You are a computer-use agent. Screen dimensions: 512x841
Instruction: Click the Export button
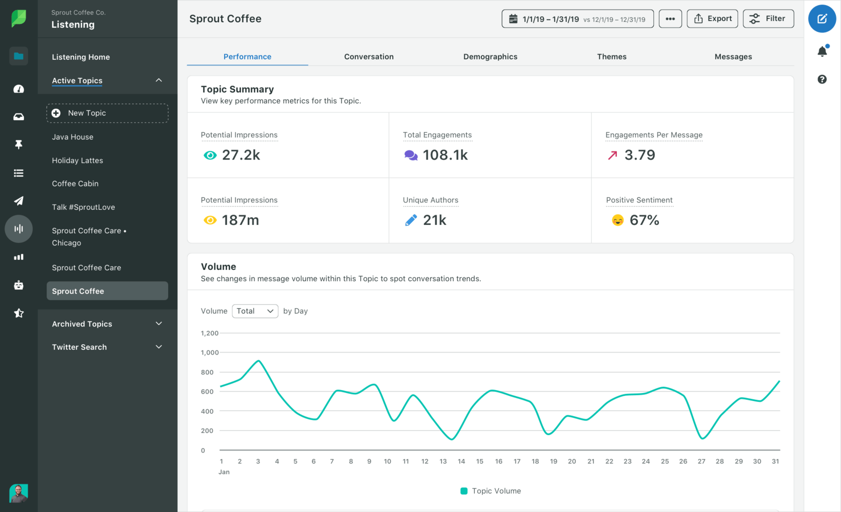click(x=712, y=18)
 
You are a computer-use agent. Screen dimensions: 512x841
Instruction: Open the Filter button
click(x=768, y=18)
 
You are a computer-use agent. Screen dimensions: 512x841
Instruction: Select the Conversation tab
click(x=369, y=56)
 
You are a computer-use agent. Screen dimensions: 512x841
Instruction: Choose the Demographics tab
click(x=490, y=56)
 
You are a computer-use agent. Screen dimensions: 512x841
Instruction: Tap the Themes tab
click(x=611, y=56)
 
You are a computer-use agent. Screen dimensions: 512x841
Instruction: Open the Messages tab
click(x=733, y=56)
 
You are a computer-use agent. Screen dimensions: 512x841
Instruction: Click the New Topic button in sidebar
click(x=107, y=113)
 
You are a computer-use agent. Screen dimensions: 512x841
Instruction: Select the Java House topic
click(x=73, y=137)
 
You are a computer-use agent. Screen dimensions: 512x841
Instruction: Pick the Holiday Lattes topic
click(x=78, y=160)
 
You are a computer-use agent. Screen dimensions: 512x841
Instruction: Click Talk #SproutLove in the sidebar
click(x=84, y=207)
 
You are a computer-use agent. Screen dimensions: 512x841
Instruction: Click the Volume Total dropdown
click(x=255, y=311)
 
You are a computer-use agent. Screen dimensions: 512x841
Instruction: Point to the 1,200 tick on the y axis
click(x=210, y=333)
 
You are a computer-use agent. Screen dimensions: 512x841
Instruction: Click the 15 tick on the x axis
click(x=480, y=461)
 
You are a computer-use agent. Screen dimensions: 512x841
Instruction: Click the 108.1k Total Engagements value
click(x=445, y=155)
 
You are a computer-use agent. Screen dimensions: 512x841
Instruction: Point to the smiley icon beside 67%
click(x=617, y=220)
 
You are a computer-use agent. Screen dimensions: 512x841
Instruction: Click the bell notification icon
click(x=822, y=51)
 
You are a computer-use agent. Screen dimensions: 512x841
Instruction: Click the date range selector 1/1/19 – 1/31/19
click(x=577, y=19)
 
